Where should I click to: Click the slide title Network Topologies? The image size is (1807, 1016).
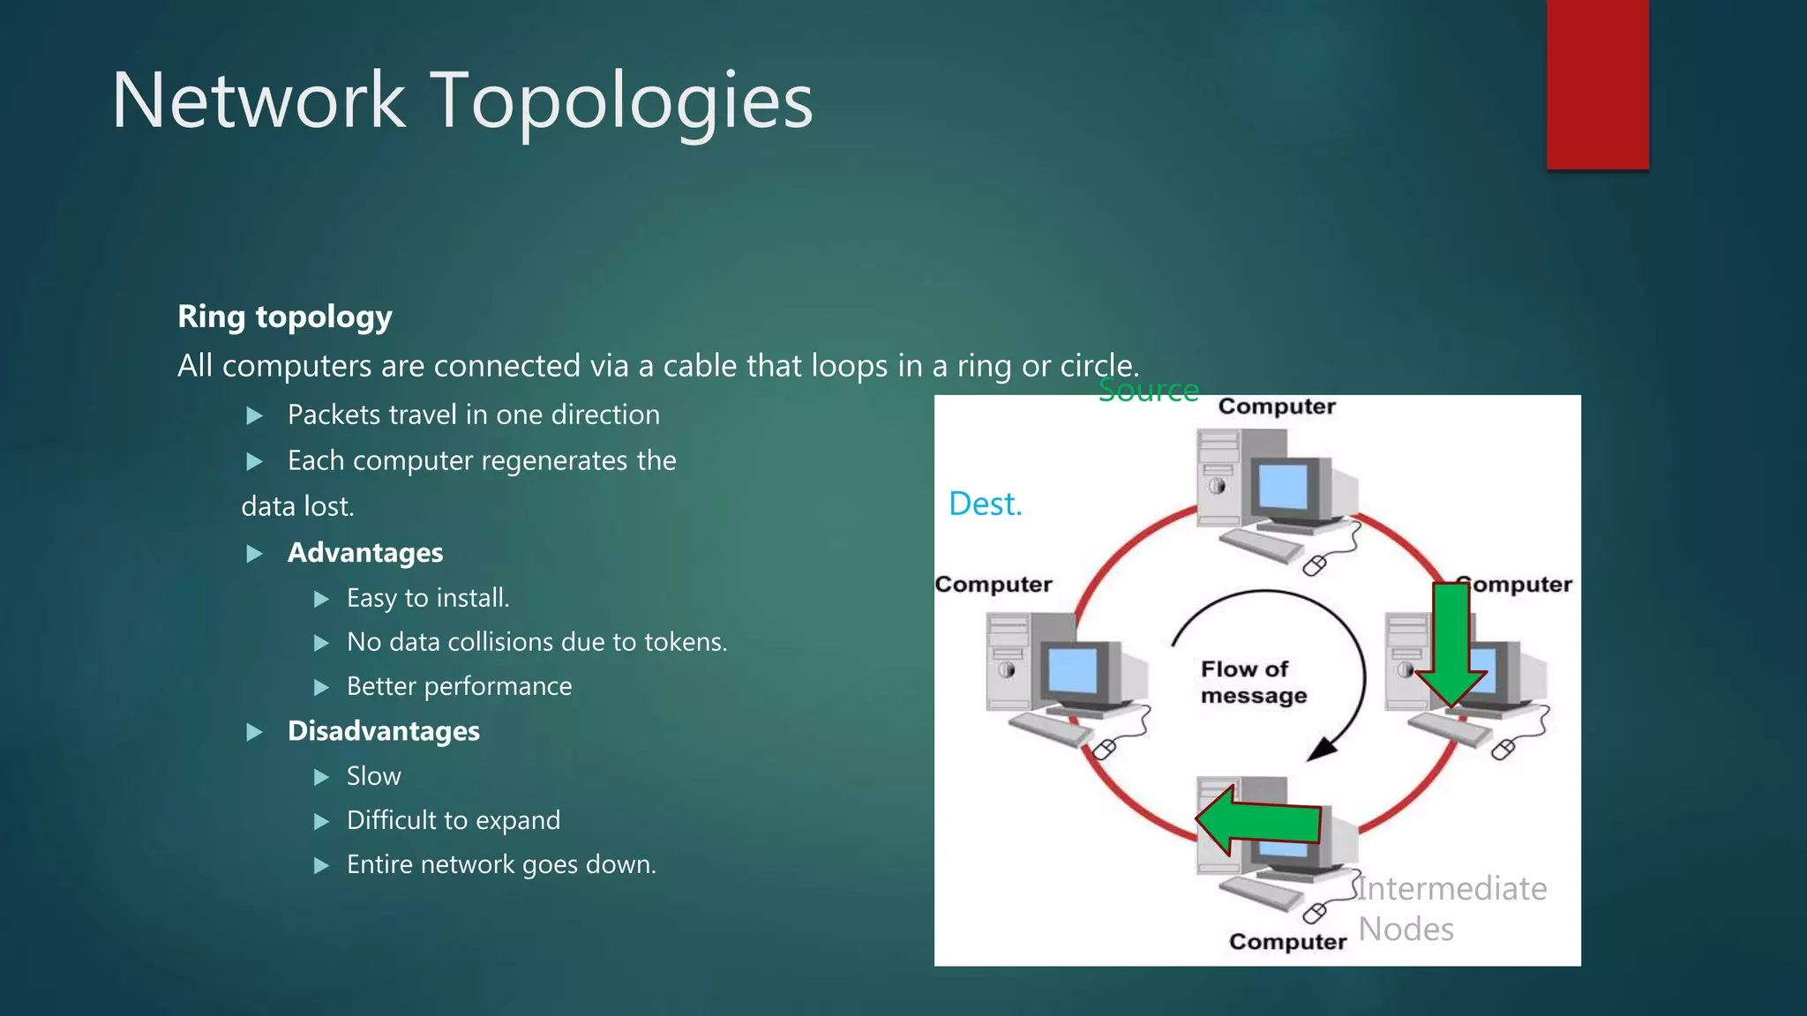click(x=461, y=101)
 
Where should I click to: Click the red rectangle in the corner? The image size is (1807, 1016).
click(x=1597, y=84)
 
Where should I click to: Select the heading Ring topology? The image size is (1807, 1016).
click(x=284, y=317)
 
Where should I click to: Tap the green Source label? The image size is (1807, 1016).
click(x=1148, y=390)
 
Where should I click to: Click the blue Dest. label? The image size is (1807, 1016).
click(x=985, y=504)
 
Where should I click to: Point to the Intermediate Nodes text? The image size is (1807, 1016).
click(x=1451, y=908)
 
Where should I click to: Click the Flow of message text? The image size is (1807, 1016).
click(x=1252, y=682)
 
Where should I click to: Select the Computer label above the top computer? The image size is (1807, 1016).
click(x=1276, y=407)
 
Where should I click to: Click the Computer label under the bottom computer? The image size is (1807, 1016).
click(x=1287, y=942)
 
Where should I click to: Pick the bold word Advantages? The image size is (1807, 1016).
click(x=364, y=553)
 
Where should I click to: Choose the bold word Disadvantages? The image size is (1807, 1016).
click(x=383, y=731)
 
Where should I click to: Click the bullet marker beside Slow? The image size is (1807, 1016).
click(x=321, y=777)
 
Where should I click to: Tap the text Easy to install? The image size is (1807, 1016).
click(x=427, y=598)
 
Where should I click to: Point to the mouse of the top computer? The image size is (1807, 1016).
click(x=1314, y=565)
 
